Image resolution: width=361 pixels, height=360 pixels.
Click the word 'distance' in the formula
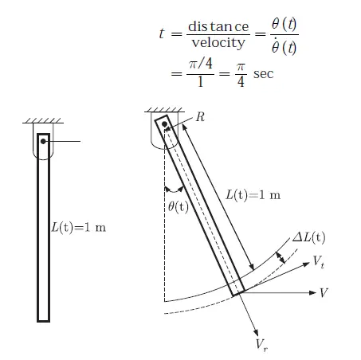(218, 26)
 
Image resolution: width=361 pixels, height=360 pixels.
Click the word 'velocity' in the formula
(218, 42)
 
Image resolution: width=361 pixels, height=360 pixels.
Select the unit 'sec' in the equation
(263, 74)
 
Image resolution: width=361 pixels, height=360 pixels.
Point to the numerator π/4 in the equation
(201, 64)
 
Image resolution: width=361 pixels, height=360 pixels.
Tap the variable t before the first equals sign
(162, 33)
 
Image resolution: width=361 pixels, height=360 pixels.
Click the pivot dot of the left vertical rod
(43, 142)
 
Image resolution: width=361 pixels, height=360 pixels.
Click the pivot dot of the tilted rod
(164, 124)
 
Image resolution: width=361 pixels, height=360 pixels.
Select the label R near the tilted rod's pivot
(200, 117)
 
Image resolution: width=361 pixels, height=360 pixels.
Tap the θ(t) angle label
(179, 206)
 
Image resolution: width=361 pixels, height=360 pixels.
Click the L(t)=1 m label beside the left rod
(79, 228)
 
